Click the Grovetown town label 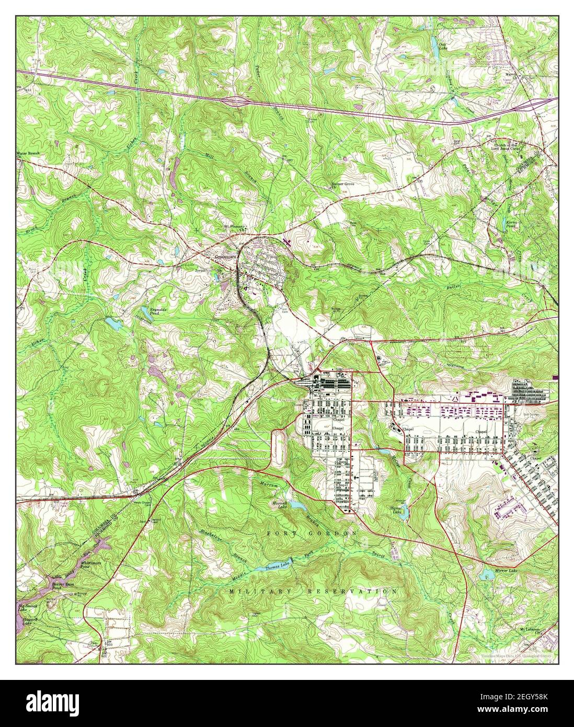[x=225, y=258]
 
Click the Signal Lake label [x=399, y=510]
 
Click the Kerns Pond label [x=511, y=225]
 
